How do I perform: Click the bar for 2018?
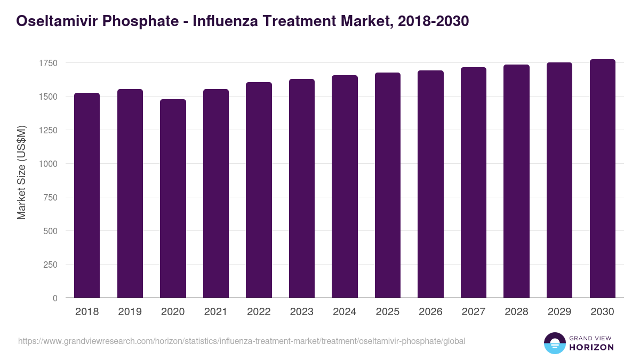(x=87, y=195)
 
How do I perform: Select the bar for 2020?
(x=173, y=198)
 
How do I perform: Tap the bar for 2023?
(x=301, y=188)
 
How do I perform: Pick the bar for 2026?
(x=430, y=184)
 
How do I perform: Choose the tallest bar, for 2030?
(x=602, y=179)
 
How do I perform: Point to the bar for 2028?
(x=516, y=181)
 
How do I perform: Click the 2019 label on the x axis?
(x=130, y=312)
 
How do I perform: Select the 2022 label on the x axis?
(x=259, y=312)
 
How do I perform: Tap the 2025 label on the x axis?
(x=387, y=312)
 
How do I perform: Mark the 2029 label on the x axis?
(x=559, y=312)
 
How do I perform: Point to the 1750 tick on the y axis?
(x=47, y=63)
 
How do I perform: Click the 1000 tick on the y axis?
(x=47, y=164)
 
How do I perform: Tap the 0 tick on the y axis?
(x=55, y=298)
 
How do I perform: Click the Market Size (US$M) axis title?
(x=21, y=172)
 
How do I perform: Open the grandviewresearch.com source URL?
(x=242, y=341)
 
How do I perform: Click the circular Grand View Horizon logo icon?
(x=554, y=343)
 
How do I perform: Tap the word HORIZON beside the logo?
(x=592, y=347)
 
